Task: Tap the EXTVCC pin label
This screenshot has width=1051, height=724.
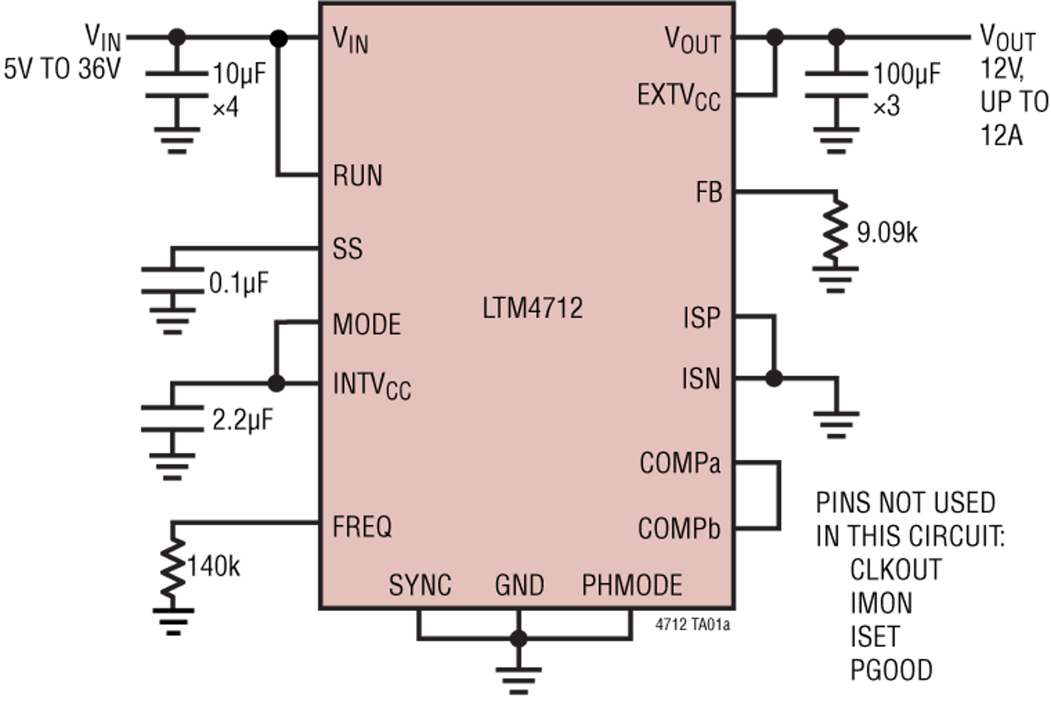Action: click(x=678, y=97)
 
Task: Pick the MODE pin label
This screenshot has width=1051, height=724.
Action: click(x=367, y=324)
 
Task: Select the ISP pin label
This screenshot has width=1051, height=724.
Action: click(x=701, y=318)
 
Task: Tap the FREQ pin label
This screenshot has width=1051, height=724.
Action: click(x=362, y=527)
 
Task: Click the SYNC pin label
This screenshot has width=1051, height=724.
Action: click(x=420, y=585)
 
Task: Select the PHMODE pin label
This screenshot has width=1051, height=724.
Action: click(x=632, y=585)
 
